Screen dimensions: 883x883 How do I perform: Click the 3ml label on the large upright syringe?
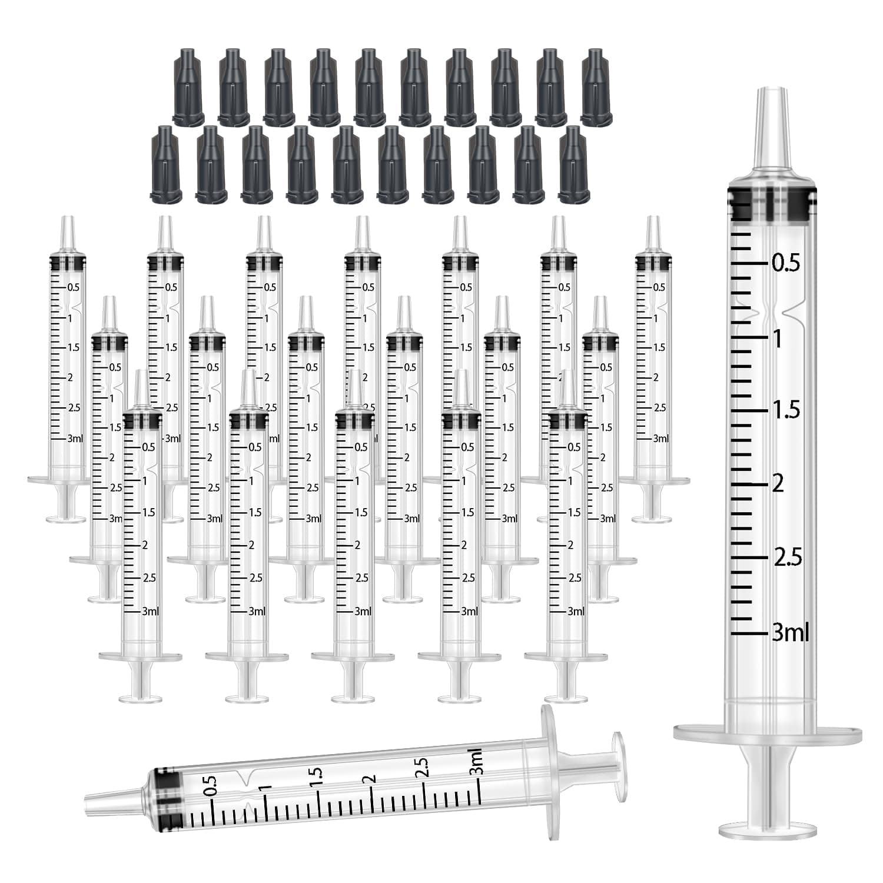pos(791,633)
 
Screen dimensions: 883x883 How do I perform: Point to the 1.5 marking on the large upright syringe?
pos(786,410)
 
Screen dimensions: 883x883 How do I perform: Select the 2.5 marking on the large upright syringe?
pos(788,557)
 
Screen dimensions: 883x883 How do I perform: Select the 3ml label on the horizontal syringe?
pos(476,762)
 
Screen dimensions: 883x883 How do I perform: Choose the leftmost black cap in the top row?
pos(188,85)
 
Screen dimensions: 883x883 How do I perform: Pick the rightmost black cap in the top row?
pos(596,85)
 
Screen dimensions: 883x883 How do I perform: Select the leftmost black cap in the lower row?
pos(167,164)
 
